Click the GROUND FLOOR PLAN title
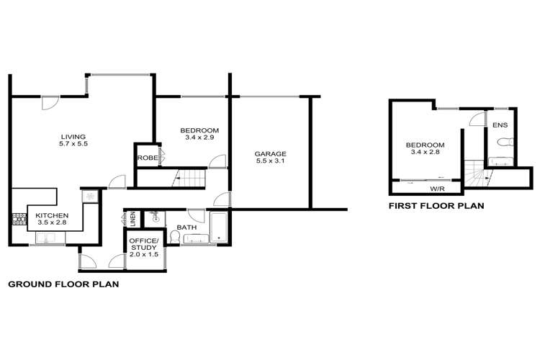[63, 284]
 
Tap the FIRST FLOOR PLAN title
[436, 206]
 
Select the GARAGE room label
[270, 154]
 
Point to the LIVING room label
[73, 137]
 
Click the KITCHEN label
[52, 216]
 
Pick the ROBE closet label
[148, 158]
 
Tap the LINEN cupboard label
[132, 219]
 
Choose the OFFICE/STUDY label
[143, 244]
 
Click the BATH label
[186, 228]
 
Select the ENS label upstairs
[500, 125]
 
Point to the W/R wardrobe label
[436, 189]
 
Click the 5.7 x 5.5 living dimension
[73, 144]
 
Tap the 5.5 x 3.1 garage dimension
[270, 161]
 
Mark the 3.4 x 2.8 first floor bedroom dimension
[425, 152]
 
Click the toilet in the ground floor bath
[175, 237]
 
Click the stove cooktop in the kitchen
[19, 220]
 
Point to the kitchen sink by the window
[50, 238]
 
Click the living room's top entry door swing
[49, 104]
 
